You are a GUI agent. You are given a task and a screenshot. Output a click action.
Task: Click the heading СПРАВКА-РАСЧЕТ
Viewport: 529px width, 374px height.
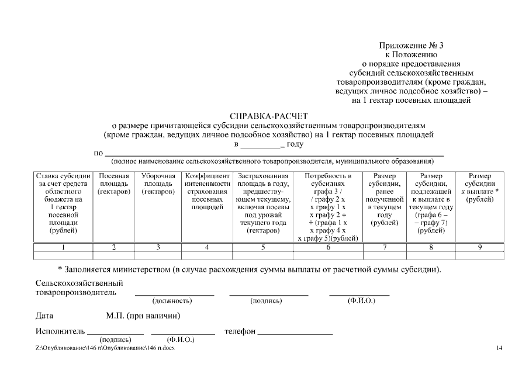point(269,116)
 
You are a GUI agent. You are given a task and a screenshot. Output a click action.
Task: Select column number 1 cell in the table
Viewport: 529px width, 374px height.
point(64,247)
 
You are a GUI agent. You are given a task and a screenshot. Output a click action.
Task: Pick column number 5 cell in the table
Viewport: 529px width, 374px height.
point(262,247)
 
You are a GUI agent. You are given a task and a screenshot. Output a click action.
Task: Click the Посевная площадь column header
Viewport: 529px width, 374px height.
point(114,183)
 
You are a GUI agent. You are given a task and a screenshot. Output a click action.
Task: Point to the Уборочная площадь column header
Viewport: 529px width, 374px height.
point(158,183)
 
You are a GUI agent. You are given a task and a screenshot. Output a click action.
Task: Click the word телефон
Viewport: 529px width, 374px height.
point(240,331)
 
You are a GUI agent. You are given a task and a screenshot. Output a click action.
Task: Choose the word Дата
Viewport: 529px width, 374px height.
point(44,316)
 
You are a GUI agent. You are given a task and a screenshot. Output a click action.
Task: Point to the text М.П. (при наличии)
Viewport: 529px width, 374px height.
point(143,316)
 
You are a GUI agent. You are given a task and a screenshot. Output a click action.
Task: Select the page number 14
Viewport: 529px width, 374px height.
point(499,348)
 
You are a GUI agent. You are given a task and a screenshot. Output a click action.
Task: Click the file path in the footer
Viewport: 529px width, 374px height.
point(105,348)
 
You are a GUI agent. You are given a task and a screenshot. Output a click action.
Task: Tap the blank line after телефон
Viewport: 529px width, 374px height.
point(295,333)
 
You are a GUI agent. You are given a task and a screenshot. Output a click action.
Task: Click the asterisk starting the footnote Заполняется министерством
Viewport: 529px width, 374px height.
point(60,269)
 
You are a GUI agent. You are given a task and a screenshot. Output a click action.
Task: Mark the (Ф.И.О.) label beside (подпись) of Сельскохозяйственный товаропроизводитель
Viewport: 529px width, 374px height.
point(361,301)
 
